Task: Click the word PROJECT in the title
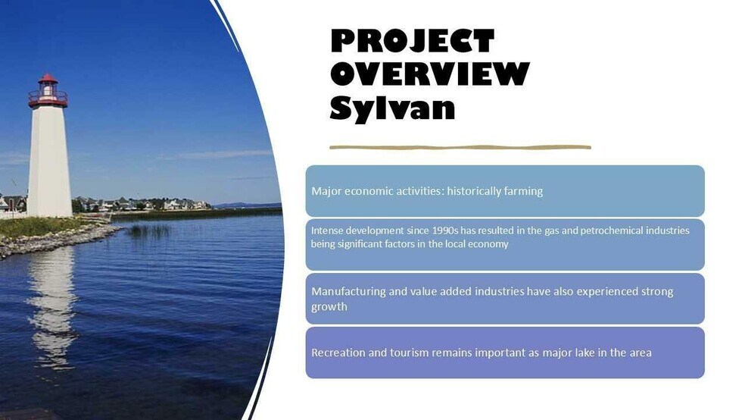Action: (x=412, y=40)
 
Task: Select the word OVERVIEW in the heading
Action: (x=429, y=74)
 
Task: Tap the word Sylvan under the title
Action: (x=392, y=108)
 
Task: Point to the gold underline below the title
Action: (x=460, y=147)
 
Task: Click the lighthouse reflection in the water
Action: (x=51, y=303)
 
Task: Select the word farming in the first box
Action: (x=524, y=191)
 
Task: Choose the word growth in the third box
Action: (x=329, y=307)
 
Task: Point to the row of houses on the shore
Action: (x=151, y=204)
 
